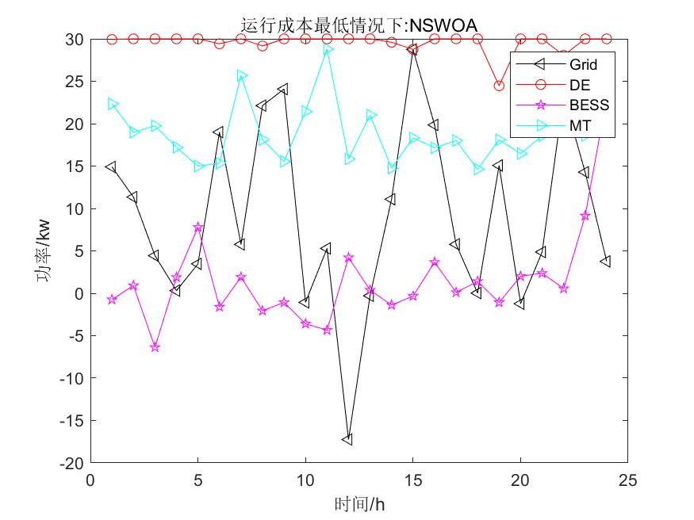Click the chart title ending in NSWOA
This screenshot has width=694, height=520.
point(359,26)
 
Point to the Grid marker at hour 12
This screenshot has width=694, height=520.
point(347,439)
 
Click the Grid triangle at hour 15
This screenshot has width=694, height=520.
point(412,49)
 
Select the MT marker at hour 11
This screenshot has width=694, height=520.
point(327,49)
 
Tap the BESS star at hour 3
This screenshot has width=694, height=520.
point(155,347)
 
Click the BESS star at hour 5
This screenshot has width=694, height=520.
point(198,227)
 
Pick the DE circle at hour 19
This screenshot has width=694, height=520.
point(499,86)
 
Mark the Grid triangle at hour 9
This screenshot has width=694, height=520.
point(283,89)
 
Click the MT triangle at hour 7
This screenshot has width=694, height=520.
point(241,75)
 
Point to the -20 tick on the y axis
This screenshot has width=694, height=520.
point(75,463)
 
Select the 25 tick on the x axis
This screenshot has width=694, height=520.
point(627,480)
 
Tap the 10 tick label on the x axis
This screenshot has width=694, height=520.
point(305,480)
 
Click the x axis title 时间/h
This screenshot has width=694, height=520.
point(359,503)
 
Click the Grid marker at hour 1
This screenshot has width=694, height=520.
point(112,167)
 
